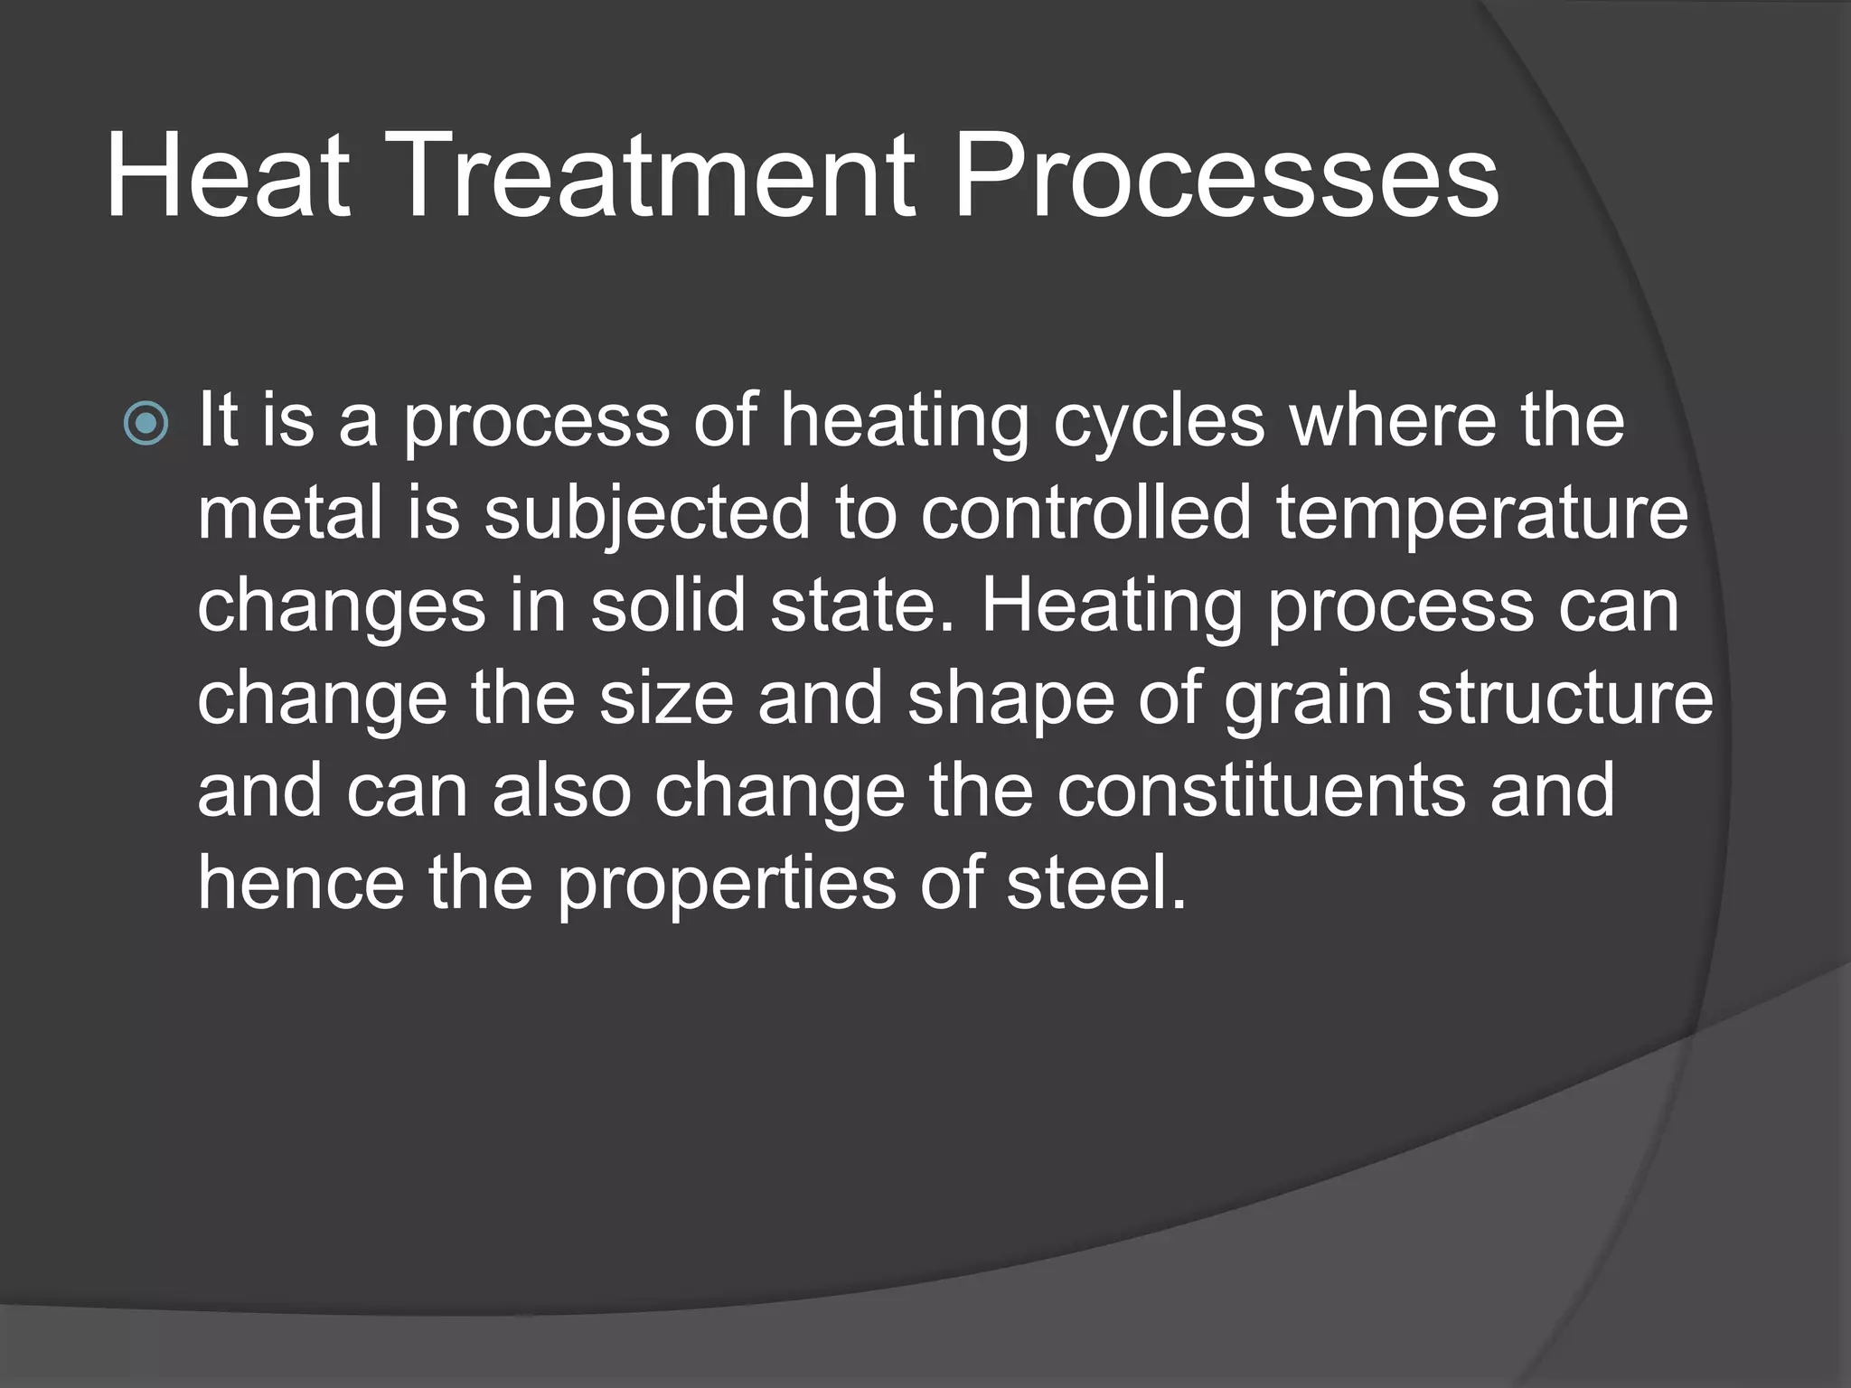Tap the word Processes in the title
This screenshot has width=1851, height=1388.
(1226, 175)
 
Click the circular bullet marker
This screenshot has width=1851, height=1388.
(146, 423)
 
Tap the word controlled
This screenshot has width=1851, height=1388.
(1086, 512)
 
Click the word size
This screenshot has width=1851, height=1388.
(666, 699)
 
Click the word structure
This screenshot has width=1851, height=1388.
(1564, 699)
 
